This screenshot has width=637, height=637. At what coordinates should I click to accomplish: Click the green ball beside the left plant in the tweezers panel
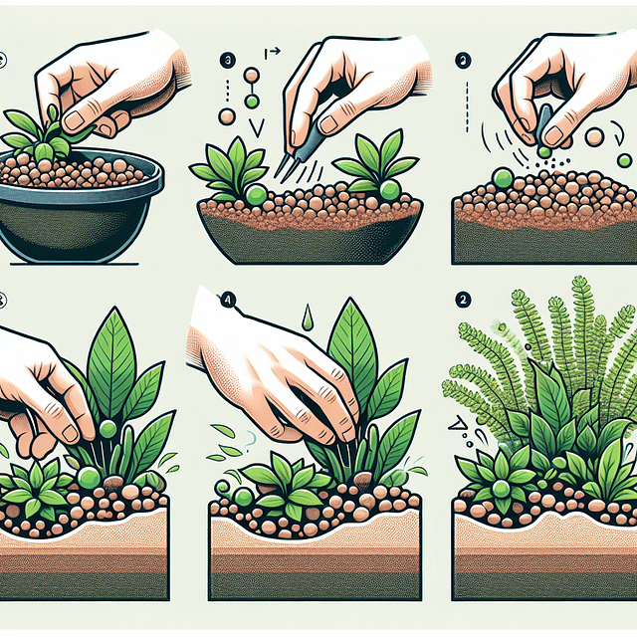(x=256, y=193)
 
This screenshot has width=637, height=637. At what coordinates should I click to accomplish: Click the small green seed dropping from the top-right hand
(x=543, y=151)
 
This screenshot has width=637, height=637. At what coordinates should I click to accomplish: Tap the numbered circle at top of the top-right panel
(x=461, y=59)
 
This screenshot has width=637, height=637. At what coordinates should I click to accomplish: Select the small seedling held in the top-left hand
(x=40, y=134)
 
